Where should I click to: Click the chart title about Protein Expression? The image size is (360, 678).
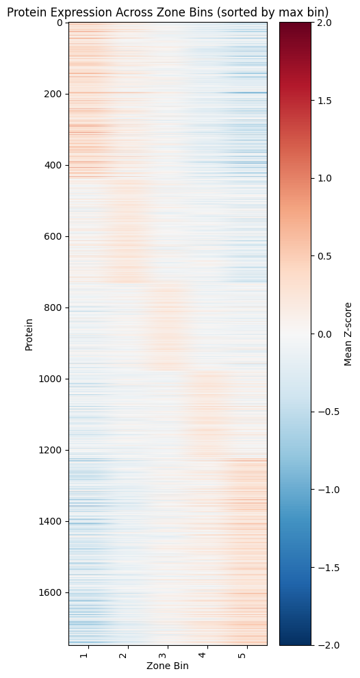pos(168,12)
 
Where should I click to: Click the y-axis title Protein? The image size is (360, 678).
pos(29,334)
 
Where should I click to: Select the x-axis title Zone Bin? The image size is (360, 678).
pos(167,666)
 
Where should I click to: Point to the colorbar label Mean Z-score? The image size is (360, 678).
pos(348,334)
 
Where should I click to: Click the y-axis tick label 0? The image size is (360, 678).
pos(60,23)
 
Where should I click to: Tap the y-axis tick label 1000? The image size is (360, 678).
pos(52,379)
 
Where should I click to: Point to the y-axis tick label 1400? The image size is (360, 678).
pos(52,521)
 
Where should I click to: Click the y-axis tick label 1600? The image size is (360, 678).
pos(52,592)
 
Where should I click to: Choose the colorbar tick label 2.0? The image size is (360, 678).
pos(324,23)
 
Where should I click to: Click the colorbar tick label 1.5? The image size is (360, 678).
pos(324,100)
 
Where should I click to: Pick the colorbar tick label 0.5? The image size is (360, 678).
pos(324,256)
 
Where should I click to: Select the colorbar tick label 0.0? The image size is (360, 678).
pos(324,334)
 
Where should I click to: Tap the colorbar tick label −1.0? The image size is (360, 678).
pos(327,490)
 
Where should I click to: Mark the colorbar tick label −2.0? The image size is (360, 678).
pos(327,645)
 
